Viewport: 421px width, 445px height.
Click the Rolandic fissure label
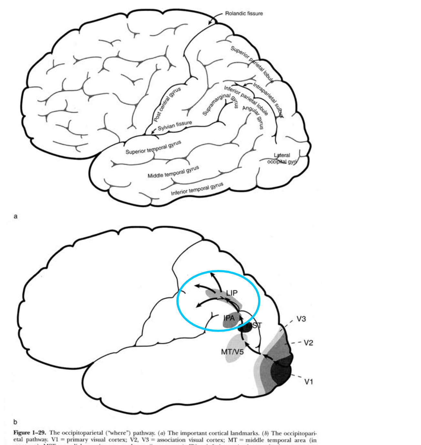click(244, 14)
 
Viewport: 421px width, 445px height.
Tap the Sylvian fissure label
click(175, 125)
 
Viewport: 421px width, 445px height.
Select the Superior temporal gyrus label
click(153, 147)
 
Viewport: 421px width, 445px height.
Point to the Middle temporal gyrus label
click(173, 172)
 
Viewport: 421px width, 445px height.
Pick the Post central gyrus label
click(167, 104)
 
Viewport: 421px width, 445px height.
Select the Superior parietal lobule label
click(252, 64)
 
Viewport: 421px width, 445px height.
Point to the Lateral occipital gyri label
click(282, 159)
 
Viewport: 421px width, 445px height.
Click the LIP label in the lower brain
click(231, 293)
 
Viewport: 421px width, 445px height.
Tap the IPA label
click(229, 318)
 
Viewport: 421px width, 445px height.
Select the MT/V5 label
click(232, 352)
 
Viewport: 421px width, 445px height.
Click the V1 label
click(309, 382)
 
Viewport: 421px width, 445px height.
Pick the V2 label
click(308, 343)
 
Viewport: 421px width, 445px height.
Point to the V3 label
click(301, 319)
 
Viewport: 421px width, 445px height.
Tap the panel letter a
click(15, 216)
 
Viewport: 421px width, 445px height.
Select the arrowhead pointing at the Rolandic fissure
click(210, 23)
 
